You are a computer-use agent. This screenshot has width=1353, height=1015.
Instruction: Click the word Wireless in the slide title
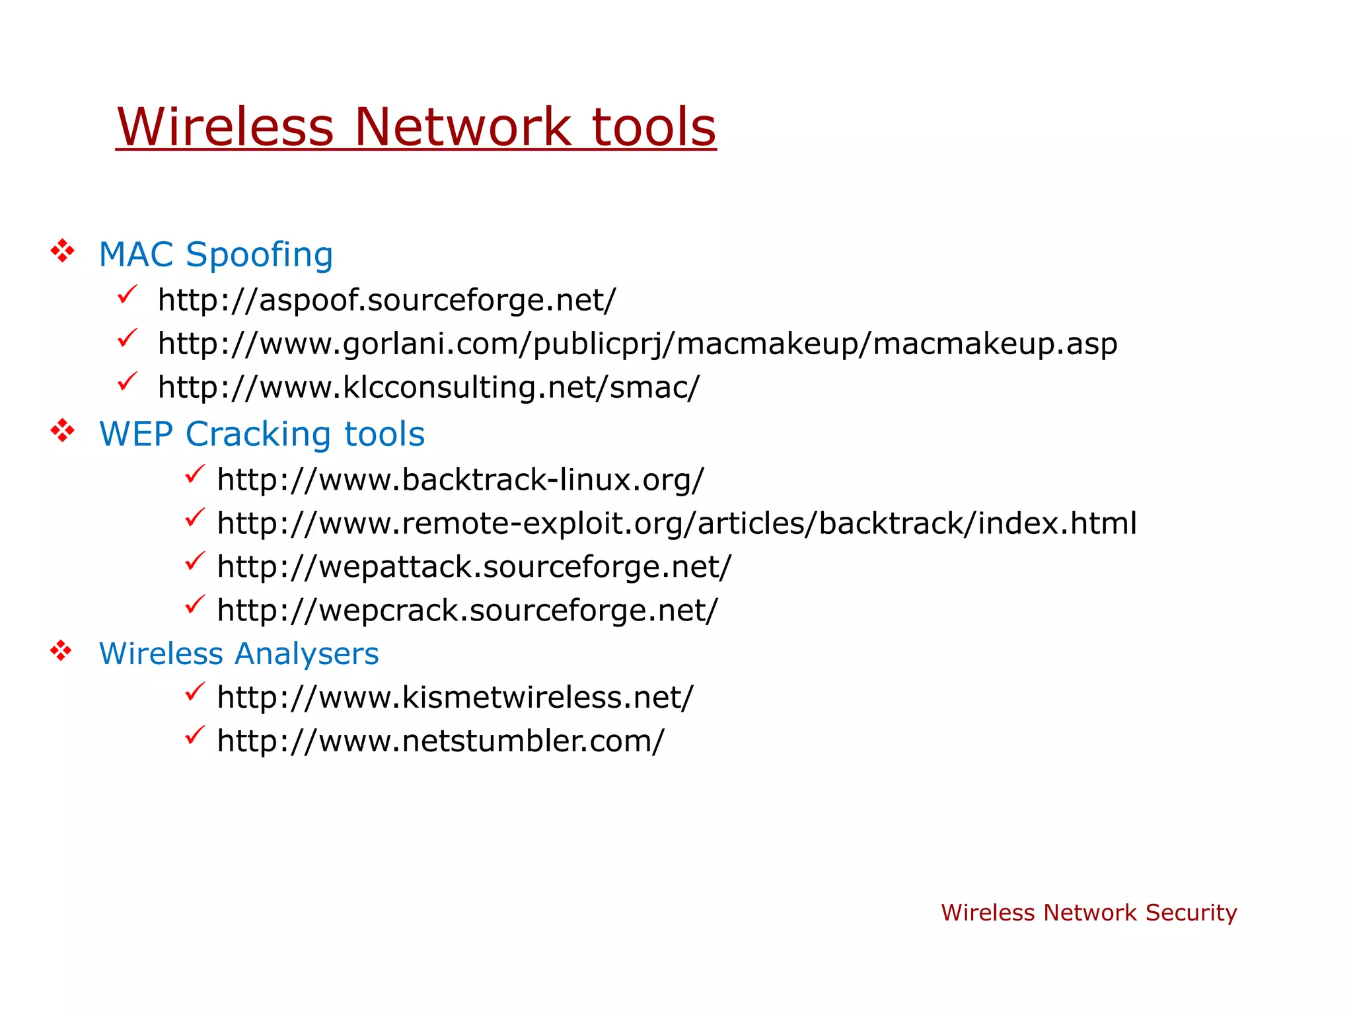pyautogui.click(x=225, y=127)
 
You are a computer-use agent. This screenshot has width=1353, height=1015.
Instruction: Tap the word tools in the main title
pyautogui.click(x=653, y=127)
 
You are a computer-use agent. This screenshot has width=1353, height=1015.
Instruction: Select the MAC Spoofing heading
pyautogui.click(x=215, y=254)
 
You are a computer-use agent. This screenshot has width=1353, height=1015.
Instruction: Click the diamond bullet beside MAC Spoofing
pyautogui.click(x=62, y=251)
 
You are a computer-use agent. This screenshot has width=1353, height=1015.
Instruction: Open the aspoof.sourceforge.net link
pyautogui.click(x=386, y=300)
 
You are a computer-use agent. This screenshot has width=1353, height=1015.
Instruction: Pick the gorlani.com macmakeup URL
pyautogui.click(x=638, y=344)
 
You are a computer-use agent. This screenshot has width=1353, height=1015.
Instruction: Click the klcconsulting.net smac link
pyautogui.click(x=428, y=387)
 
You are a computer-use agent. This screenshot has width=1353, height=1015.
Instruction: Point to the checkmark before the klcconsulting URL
pyautogui.click(x=127, y=381)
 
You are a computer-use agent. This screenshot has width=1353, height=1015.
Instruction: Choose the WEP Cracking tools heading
pyautogui.click(x=262, y=434)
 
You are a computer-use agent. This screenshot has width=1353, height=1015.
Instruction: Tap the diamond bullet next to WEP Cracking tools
pyautogui.click(x=62, y=431)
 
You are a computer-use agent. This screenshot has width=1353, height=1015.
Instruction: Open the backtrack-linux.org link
pyautogui.click(x=460, y=480)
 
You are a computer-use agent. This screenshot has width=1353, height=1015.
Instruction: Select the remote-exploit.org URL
pyautogui.click(x=676, y=523)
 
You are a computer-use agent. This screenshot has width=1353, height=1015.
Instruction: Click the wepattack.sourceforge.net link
pyautogui.click(x=474, y=567)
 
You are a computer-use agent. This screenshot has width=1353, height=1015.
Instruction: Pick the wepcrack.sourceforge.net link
pyautogui.click(x=467, y=611)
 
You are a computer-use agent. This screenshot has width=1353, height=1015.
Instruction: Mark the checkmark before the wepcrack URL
pyautogui.click(x=195, y=605)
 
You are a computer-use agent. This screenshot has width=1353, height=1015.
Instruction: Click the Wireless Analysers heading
pyautogui.click(x=238, y=654)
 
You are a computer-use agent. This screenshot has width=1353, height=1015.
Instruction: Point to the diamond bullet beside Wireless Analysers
pyautogui.click(x=61, y=651)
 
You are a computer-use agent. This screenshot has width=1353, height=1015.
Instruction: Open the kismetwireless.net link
pyautogui.click(x=455, y=698)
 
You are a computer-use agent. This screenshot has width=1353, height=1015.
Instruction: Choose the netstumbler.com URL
pyautogui.click(x=441, y=741)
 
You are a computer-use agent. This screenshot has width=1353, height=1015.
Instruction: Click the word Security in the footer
pyautogui.click(x=1190, y=913)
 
